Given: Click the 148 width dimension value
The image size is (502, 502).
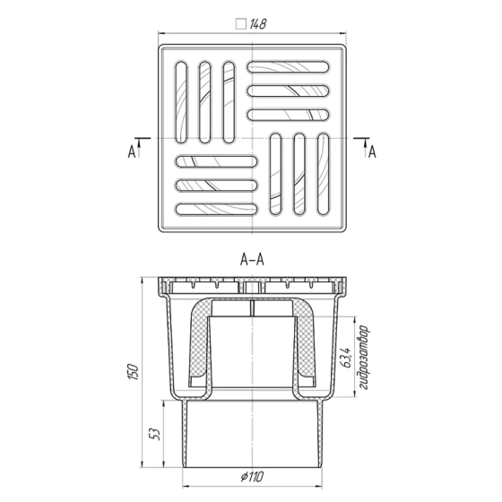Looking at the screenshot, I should [257, 25].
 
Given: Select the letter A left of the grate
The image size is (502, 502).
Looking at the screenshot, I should [131, 153].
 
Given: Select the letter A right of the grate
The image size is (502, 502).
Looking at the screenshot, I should [371, 153].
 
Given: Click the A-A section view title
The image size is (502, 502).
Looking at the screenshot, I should [251, 260].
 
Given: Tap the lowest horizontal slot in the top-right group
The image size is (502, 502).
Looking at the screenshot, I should [291, 114].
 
